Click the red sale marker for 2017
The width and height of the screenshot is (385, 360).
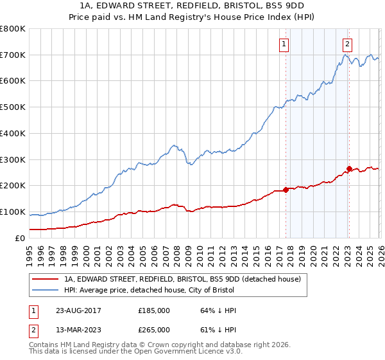286,190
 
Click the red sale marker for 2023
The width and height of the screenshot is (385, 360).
349,169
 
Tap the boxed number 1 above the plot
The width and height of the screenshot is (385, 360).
284,44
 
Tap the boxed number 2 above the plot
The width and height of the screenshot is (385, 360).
347,44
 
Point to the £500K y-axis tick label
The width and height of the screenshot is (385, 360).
13,107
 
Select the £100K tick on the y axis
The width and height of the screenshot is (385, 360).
13,212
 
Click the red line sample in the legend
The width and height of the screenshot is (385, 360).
46,279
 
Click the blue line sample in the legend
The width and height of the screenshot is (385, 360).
46,290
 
